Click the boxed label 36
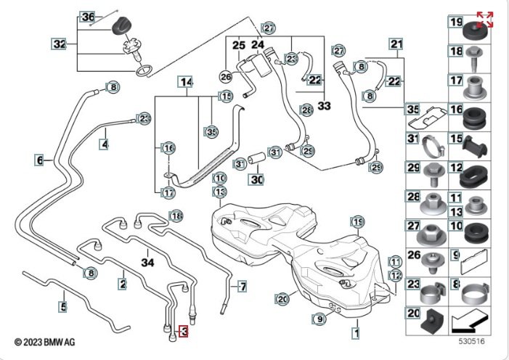point(87,17)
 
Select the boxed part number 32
point(60,44)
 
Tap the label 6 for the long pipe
point(39,159)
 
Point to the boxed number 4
point(105,144)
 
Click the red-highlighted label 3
point(184,332)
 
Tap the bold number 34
point(148,261)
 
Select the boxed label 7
point(242,286)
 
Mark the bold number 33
point(324,106)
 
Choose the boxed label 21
point(396,44)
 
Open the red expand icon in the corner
point(484,20)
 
